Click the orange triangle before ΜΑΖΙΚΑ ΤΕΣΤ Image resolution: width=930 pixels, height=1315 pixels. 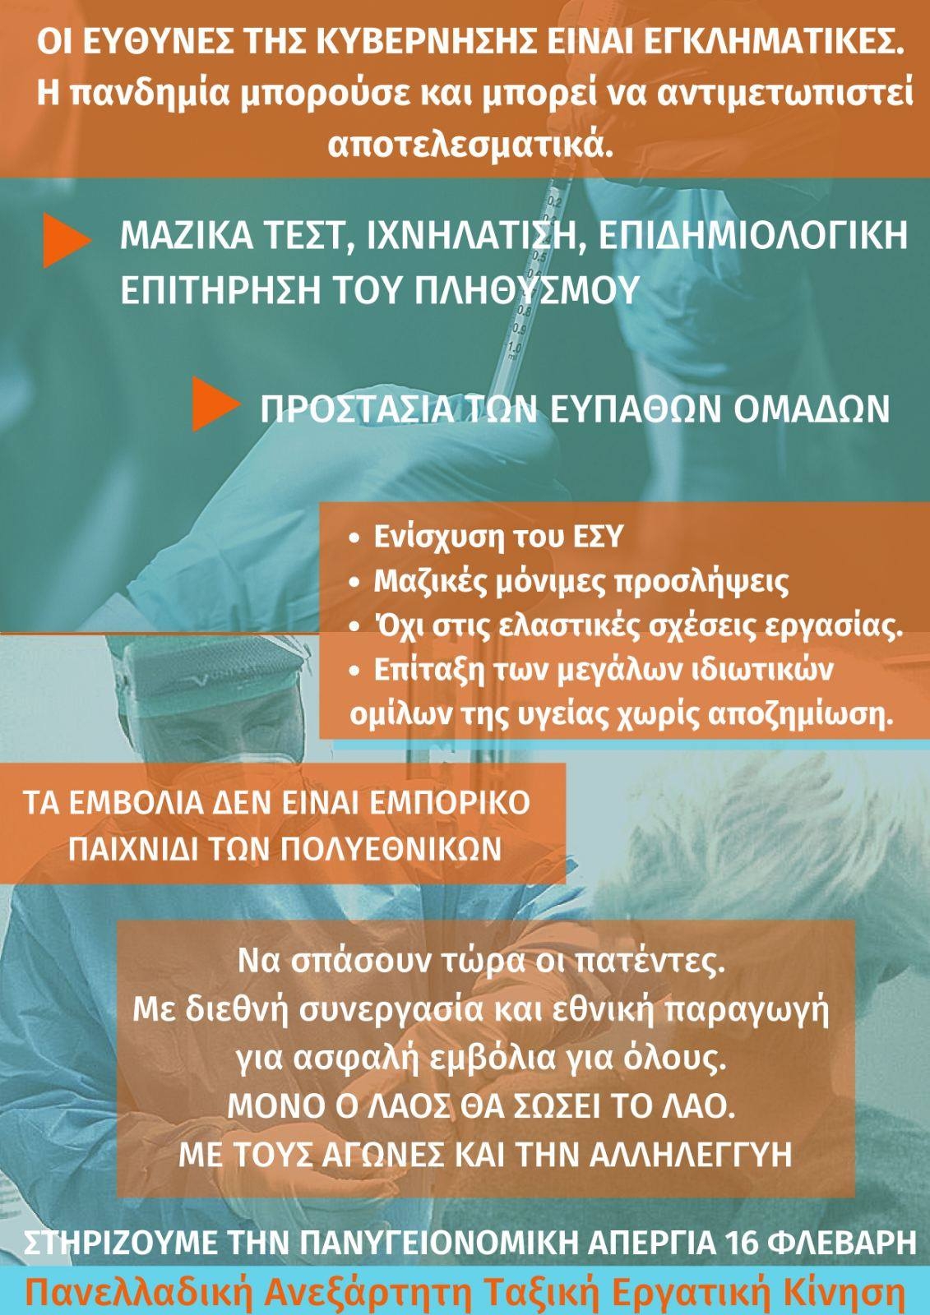[x=67, y=242]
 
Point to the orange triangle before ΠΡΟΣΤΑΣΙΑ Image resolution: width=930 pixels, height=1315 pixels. [x=216, y=404]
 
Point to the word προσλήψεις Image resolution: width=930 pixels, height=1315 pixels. [x=702, y=583]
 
